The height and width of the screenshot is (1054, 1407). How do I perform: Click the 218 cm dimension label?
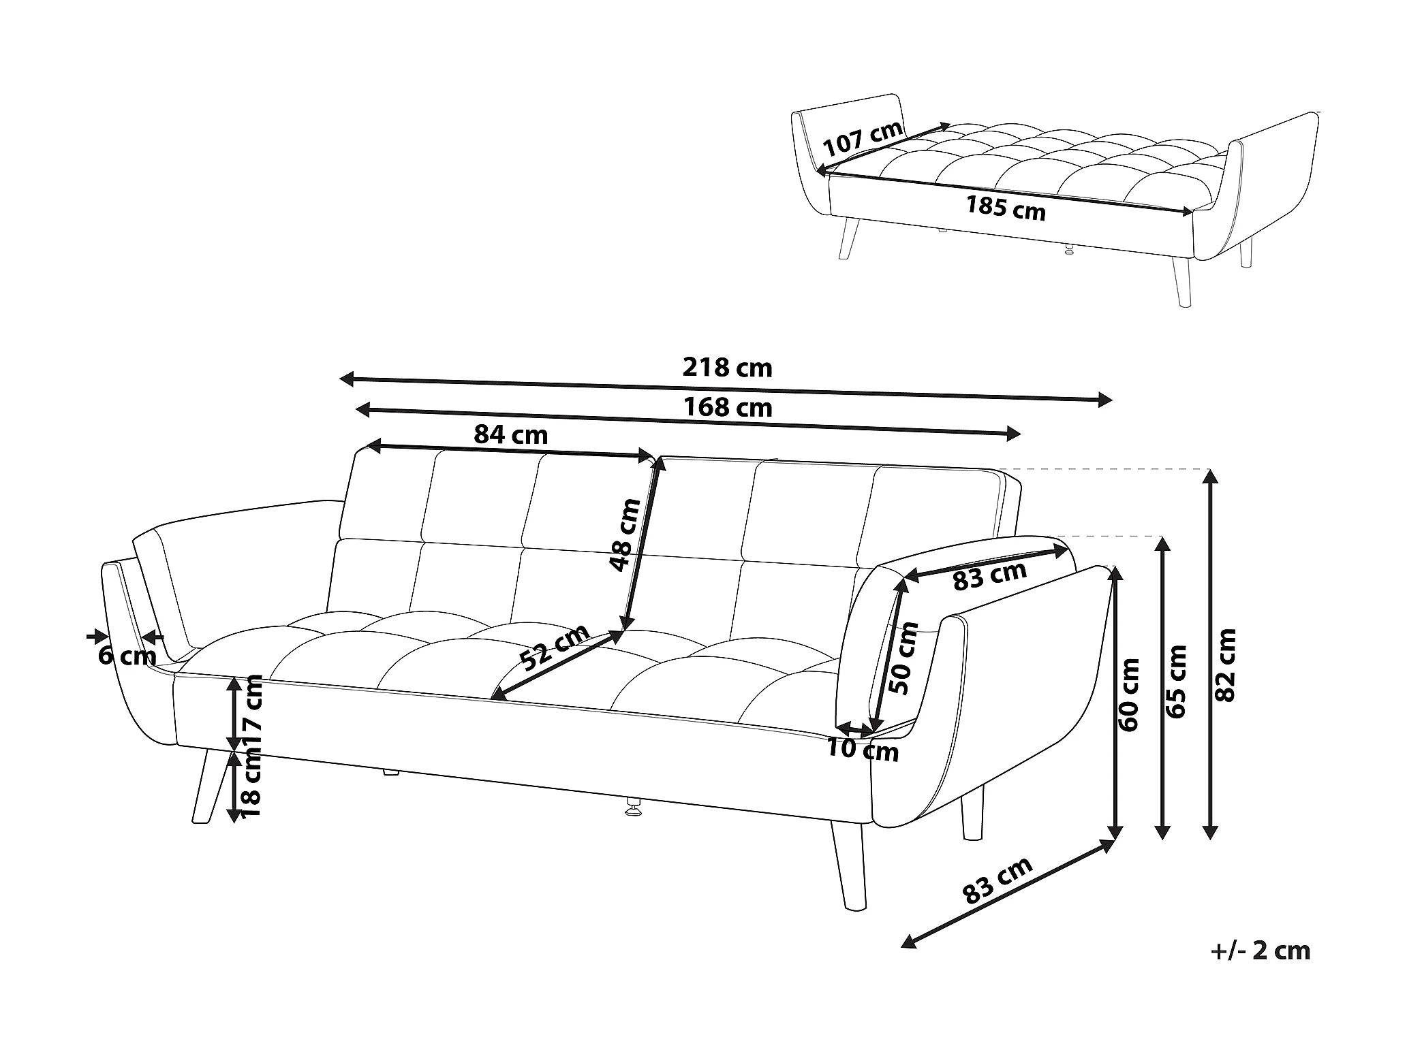[727, 368]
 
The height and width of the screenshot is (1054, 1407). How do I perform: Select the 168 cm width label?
[727, 408]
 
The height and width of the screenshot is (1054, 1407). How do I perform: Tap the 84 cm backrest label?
[511, 434]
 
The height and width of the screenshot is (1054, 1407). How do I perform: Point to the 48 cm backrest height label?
[625, 535]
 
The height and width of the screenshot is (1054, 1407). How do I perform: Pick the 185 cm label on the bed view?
[1006, 208]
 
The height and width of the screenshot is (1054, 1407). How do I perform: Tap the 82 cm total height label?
[1225, 665]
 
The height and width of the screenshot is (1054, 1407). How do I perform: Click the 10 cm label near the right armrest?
[863, 750]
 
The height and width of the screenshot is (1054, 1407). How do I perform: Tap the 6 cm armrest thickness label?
[127, 656]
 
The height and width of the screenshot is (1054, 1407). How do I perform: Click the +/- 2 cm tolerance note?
[1261, 950]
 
